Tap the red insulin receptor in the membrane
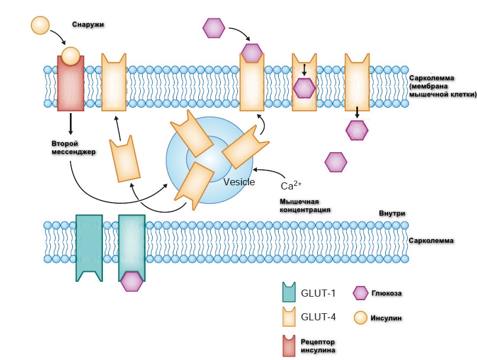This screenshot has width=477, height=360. click(70, 86)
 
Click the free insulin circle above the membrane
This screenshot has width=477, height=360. click(39, 25)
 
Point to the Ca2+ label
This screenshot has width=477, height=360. click(292, 184)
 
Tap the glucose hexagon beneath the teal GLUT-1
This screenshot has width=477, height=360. click(131, 281)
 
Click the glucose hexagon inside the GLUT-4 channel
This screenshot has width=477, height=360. click(305, 88)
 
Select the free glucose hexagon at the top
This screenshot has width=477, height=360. click(214, 27)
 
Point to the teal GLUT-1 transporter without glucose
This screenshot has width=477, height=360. click(89, 246)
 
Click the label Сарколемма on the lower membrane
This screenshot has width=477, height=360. click(430, 242)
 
